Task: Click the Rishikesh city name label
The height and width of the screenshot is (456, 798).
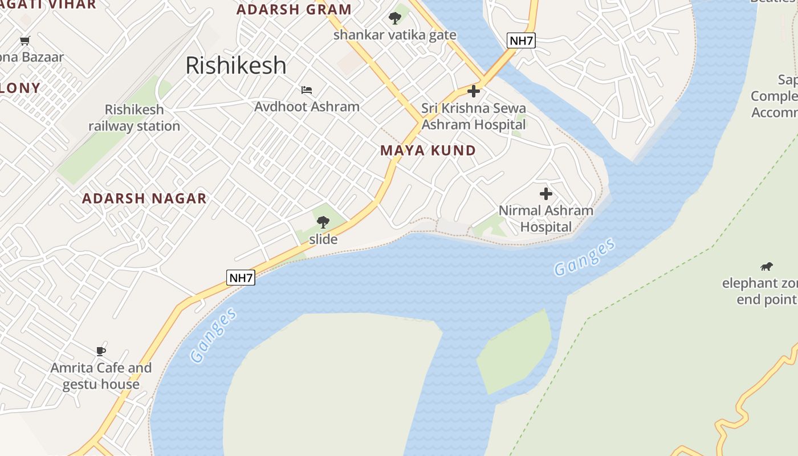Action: [x=236, y=66]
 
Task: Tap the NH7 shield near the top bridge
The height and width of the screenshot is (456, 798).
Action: [x=521, y=40]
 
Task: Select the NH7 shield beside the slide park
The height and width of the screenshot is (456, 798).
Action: [x=241, y=278]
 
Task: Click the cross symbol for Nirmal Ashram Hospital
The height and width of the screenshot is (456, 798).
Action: [x=546, y=194]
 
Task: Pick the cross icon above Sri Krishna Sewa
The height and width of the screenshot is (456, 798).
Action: [x=473, y=91]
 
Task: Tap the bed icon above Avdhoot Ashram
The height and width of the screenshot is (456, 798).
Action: [x=307, y=89]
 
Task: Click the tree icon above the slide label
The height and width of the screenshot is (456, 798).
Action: [x=323, y=222]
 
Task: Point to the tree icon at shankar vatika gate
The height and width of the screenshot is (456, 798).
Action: [x=394, y=18]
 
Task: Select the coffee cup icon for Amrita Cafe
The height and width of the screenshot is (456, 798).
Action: [x=101, y=351]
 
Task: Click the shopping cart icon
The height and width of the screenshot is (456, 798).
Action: [x=25, y=40]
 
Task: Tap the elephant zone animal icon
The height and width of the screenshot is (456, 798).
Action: [x=767, y=266]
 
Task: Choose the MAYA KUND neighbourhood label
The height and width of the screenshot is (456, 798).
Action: [x=428, y=150]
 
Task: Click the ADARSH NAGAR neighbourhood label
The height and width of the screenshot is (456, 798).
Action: [x=144, y=198]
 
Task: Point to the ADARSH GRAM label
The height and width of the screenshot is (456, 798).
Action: [x=294, y=10]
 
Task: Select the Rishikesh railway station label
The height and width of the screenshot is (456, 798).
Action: [x=135, y=117]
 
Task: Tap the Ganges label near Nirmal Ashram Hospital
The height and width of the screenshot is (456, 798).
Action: [x=585, y=257]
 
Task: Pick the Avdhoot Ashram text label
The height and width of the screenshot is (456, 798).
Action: [x=307, y=107]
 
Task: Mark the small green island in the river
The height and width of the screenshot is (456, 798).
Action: [x=515, y=351]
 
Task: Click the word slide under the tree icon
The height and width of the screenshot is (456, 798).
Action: [x=323, y=239]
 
